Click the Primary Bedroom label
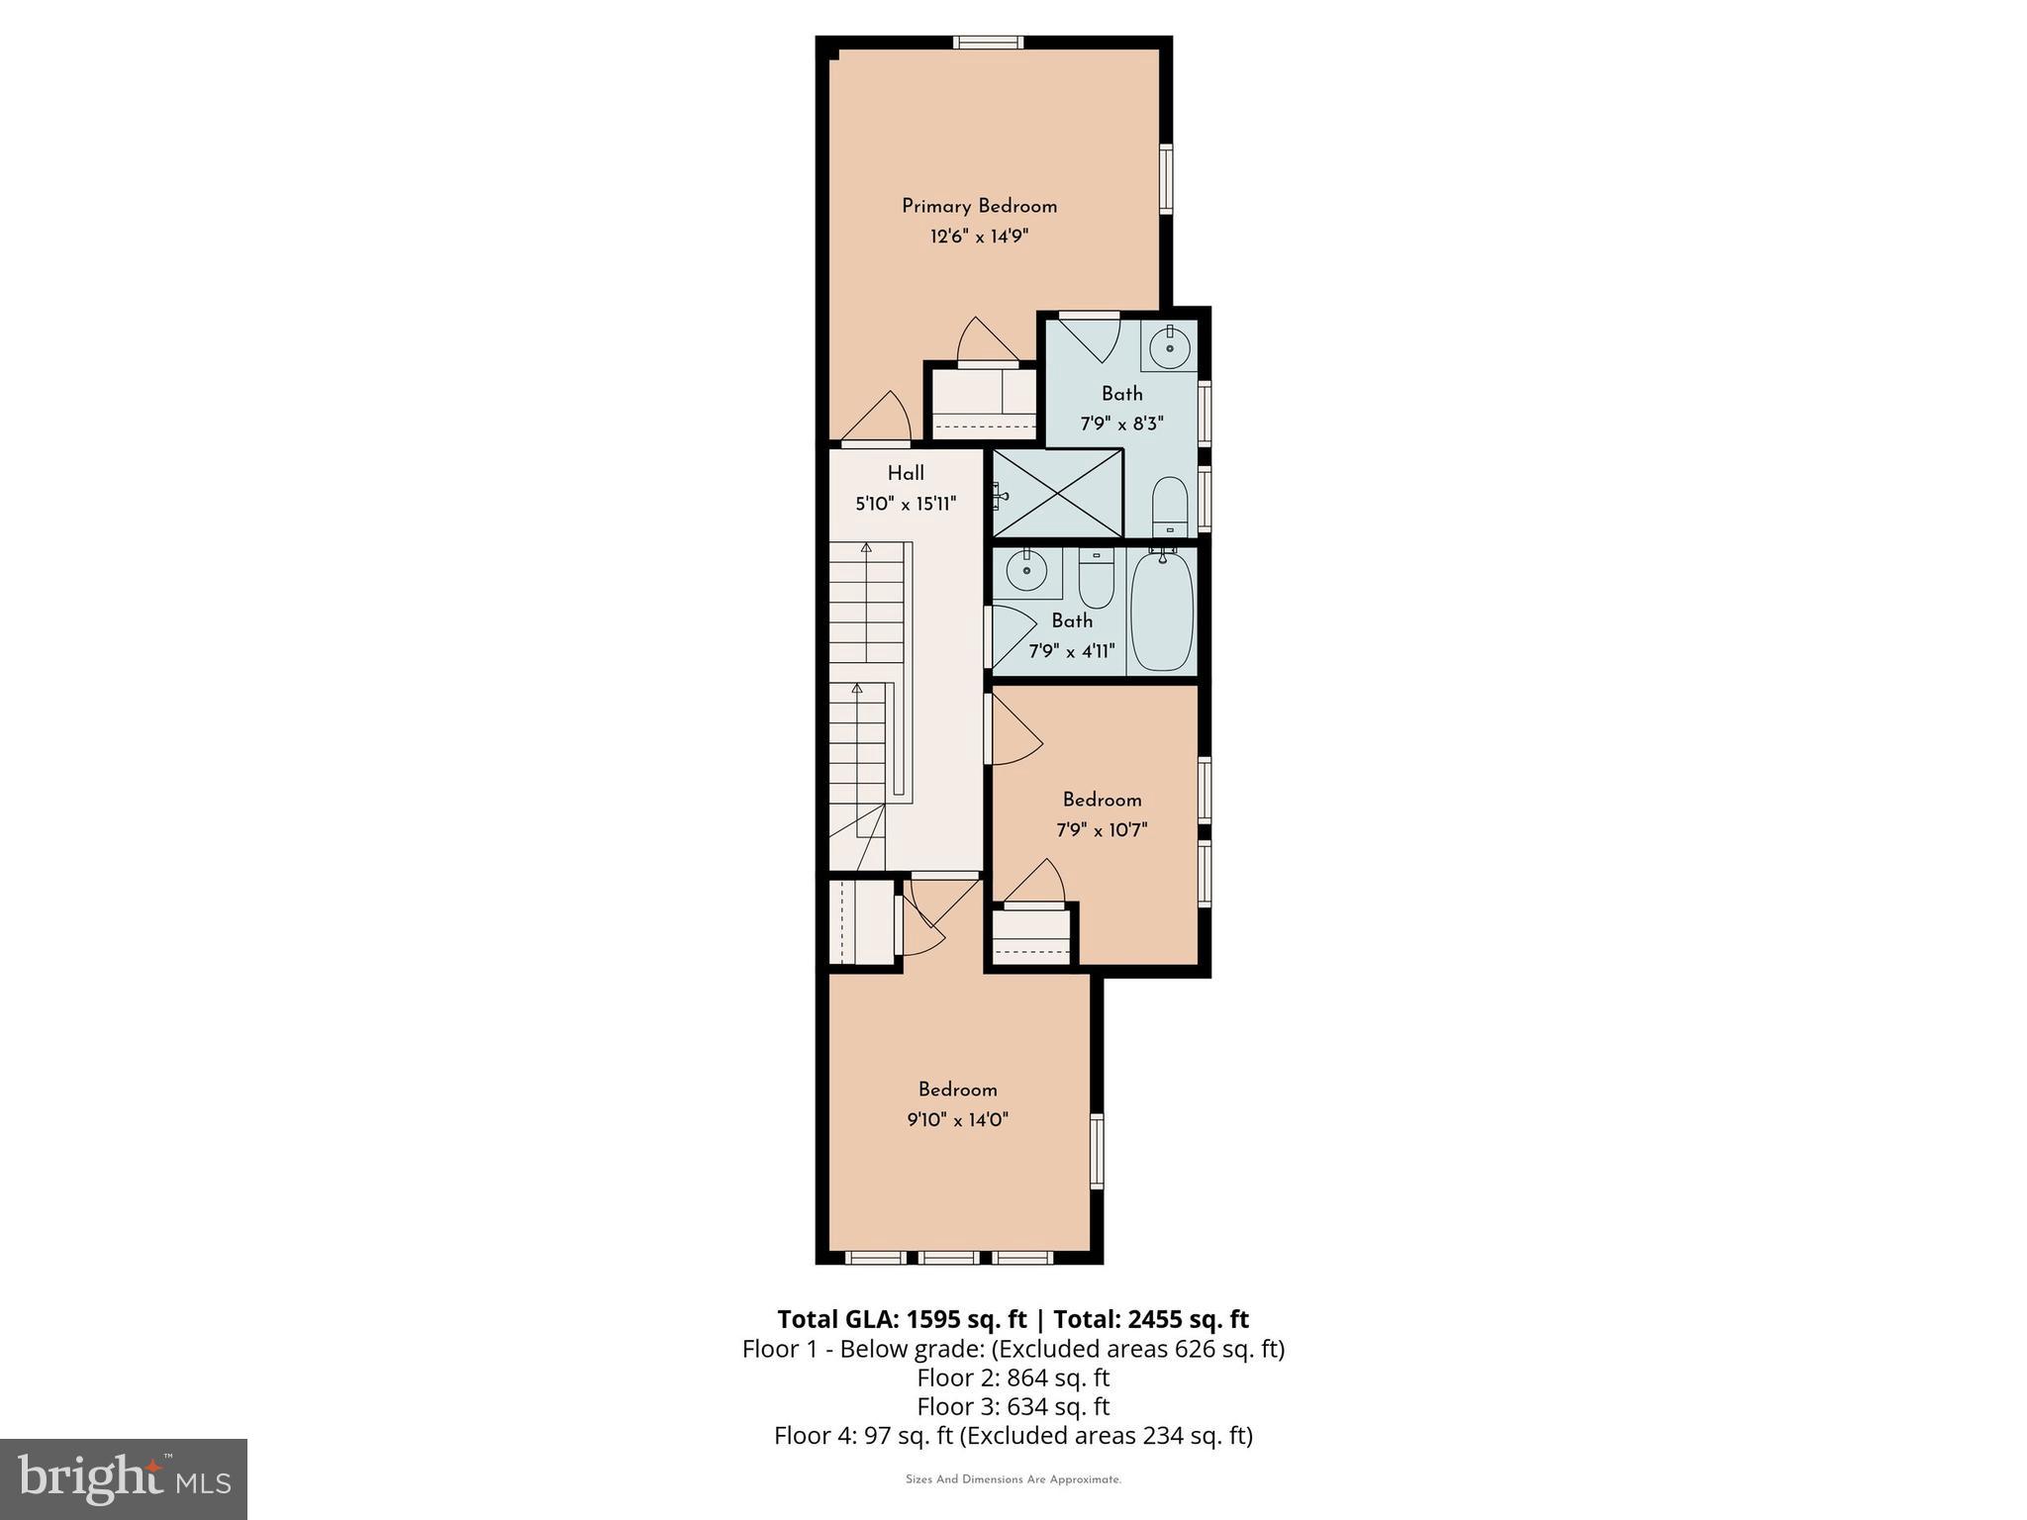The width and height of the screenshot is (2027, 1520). click(979, 206)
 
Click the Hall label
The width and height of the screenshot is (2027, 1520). click(906, 473)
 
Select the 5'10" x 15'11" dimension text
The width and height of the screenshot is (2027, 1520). click(906, 504)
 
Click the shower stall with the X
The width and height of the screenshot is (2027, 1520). click(1057, 493)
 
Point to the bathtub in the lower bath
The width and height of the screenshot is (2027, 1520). click(1162, 611)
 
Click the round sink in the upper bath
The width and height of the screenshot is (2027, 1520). click(1169, 345)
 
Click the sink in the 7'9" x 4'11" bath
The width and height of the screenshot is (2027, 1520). click(1026, 571)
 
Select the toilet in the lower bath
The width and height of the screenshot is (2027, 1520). click(1096, 579)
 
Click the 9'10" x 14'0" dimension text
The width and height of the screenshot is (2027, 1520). click(957, 1120)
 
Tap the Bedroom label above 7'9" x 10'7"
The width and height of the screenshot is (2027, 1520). click(1102, 800)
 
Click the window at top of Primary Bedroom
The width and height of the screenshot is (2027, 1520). click(989, 42)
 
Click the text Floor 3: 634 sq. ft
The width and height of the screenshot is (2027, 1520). click(1013, 1406)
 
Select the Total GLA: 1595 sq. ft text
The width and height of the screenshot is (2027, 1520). click(902, 1319)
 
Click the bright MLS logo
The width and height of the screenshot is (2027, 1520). click(124, 1478)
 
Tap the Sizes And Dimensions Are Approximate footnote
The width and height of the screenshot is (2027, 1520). click(1013, 1479)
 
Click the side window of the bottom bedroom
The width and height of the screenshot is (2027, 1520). click(1097, 1151)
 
